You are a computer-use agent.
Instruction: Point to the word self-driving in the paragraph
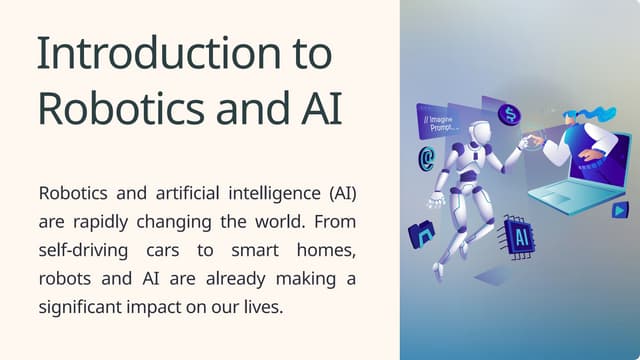[x=84, y=248]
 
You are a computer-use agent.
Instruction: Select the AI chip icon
[x=518, y=236]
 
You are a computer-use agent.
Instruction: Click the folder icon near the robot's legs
[x=421, y=235]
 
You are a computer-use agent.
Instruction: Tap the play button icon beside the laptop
[x=620, y=210]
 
